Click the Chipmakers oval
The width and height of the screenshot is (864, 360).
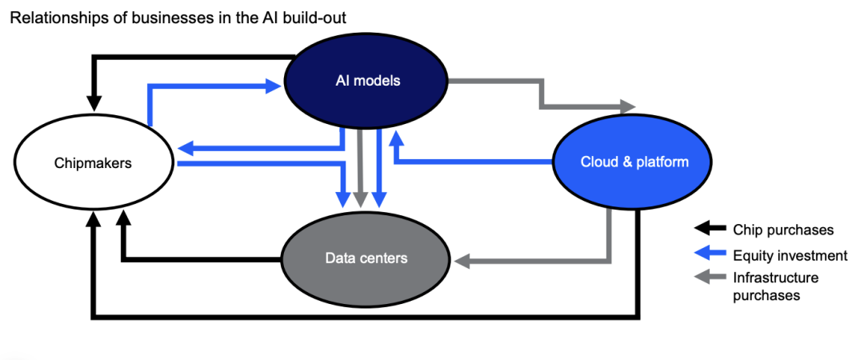tap(93, 163)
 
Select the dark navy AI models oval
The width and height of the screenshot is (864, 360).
tap(367, 81)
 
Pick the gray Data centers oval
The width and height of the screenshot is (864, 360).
tap(366, 258)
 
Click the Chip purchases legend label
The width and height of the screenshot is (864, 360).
tap(783, 230)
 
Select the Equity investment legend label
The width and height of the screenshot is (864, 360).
tap(790, 256)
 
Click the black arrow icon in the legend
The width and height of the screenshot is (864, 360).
tap(709, 230)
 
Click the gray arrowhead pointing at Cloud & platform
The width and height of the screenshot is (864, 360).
tap(628, 106)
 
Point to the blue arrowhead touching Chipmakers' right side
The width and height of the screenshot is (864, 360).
tap(185, 148)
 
